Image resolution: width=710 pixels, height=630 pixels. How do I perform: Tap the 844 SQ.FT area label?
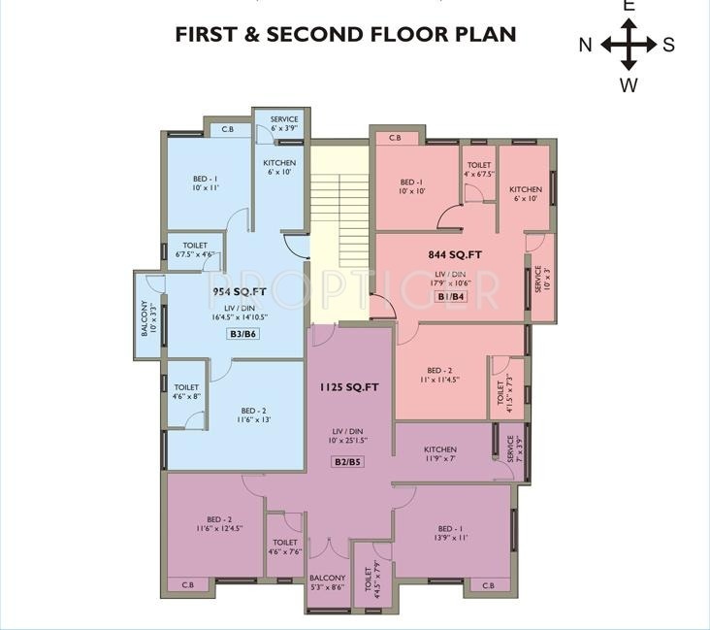[x=455, y=255]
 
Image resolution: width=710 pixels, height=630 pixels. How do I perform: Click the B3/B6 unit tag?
[x=242, y=334]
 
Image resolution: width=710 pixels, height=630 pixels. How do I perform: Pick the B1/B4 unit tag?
[x=451, y=296]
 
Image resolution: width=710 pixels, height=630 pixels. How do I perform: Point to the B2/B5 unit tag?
[x=348, y=462]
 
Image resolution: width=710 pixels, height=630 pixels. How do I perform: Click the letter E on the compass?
[x=629, y=6]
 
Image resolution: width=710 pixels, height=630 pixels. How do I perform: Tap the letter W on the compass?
[x=629, y=84]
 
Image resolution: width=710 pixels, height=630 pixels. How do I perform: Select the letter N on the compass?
[x=586, y=45]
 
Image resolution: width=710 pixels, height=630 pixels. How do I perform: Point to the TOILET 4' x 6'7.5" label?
[x=479, y=170]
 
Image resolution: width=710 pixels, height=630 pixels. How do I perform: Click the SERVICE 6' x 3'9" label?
[x=284, y=123]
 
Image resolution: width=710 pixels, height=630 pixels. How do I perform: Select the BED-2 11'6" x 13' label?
[x=254, y=414]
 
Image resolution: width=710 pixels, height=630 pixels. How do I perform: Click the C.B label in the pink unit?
[x=395, y=138]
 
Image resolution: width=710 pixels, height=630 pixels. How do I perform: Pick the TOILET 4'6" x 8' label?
[x=187, y=392]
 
